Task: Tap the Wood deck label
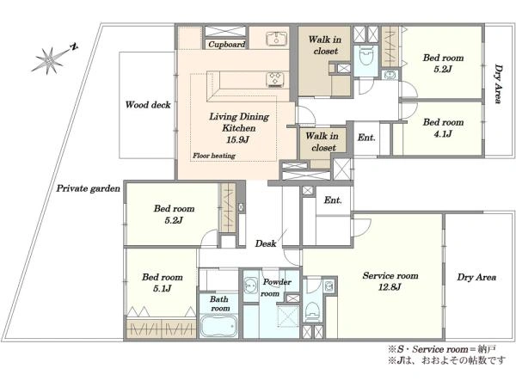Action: pyautogui.click(x=148, y=105)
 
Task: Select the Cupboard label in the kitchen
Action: pyautogui.click(x=227, y=44)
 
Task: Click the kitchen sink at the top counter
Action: pyautogui.click(x=276, y=38)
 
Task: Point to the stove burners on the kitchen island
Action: pyautogui.click(x=275, y=80)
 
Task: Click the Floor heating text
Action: pyautogui.click(x=214, y=156)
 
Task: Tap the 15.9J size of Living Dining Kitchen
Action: pyautogui.click(x=237, y=140)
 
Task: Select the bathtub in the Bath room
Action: pyautogui.click(x=218, y=326)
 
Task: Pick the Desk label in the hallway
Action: pyautogui.click(x=266, y=243)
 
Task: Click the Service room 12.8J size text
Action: pyautogui.click(x=390, y=287)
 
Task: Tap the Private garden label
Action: pyautogui.click(x=89, y=188)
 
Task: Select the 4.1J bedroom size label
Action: pyautogui.click(x=443, y=133)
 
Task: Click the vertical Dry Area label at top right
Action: pyautogui.click(x=499, y=84)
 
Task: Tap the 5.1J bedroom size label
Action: pyautogui.click(x=162, y=289)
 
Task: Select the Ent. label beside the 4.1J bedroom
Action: pyautogui.click(x=366, y=137)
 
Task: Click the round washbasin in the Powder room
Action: pyautogui.click(x=251, y=286)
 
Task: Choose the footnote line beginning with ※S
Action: pyautogui.click(x=442, y=349)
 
